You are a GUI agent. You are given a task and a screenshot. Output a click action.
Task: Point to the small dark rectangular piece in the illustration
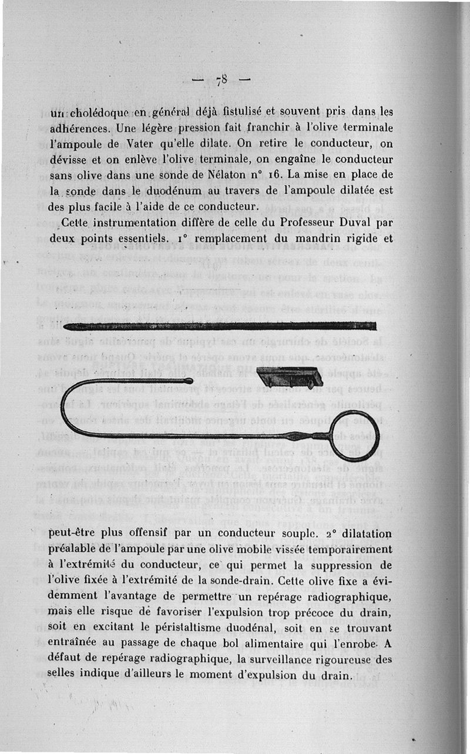[x=290, y=377]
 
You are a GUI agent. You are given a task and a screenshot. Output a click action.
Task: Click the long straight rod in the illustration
[x=219, y=326]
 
